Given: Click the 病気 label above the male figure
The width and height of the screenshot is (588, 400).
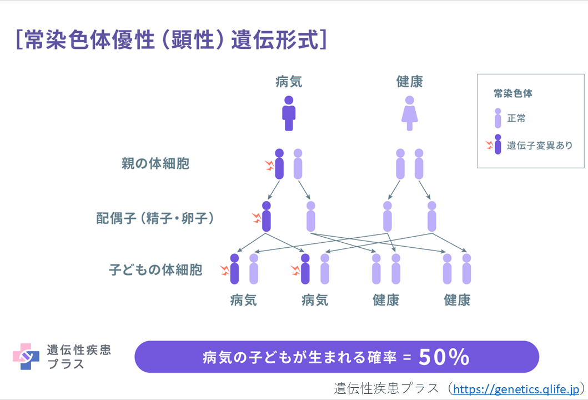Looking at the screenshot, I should coord(289,82).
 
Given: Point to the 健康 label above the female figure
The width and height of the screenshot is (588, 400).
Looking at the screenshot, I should coord(410,82).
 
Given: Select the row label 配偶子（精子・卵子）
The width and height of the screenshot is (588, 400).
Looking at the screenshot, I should coord(155,218).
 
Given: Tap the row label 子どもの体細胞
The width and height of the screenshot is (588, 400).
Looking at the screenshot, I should coord(155,271).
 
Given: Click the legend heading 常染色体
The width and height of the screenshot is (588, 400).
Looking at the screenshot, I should coord(513,93).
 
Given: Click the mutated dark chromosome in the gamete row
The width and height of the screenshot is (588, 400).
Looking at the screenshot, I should coord(267,217).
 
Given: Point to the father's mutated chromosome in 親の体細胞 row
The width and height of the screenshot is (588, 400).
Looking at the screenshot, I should coord(279,164).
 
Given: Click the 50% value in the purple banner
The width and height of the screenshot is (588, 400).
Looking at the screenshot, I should coord(444,357).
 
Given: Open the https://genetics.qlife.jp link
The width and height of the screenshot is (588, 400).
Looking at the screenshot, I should coord(516,389).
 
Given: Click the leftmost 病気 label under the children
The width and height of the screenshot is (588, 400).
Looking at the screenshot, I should coord(244,301).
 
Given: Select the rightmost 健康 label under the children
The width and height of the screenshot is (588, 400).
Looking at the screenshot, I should coord(457,301).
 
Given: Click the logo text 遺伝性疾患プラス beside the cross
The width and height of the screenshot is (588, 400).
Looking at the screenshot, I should coord(78,357).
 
